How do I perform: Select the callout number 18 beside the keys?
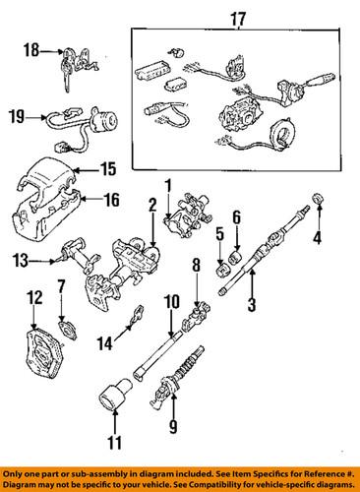31,48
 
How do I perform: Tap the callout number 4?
317,236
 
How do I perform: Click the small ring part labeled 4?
318,203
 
